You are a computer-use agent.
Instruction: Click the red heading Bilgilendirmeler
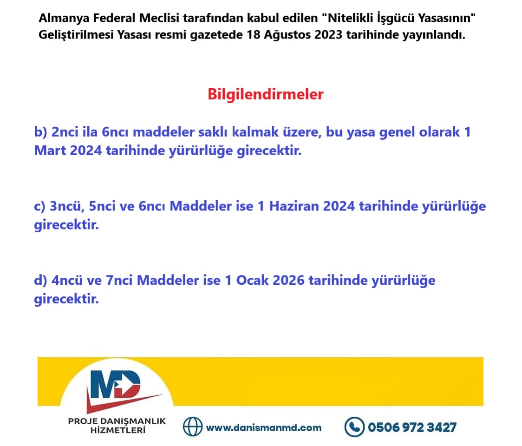pos(265,94)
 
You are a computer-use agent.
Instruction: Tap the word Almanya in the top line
pos(59,19)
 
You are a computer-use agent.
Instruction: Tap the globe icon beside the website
pos(193,426)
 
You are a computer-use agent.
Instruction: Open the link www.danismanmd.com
pos(263,427)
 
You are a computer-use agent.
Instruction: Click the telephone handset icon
pos(354,426)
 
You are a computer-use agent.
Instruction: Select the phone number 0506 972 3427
pos(412,427)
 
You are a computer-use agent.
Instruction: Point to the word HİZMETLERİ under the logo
pos(117,430)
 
